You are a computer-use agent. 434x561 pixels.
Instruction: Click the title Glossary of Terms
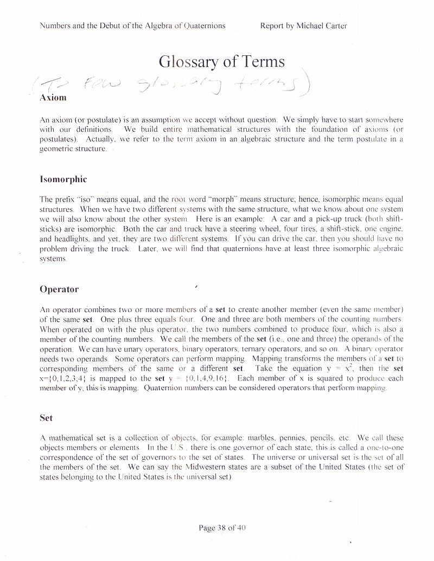pyautogui.click(x=221, y=61)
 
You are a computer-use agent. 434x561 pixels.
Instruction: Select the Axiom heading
pyautogui.click(x=53, y=98)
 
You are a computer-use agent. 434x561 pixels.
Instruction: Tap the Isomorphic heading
pyautogui.click(x=63, y=179)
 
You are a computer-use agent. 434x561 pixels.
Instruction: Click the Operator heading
pyautogui.click(x=59, y=289)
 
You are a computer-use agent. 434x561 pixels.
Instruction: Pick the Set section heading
pyautogui.click(x=46, y=418)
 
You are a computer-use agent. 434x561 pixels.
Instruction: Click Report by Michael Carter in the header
pyautogui.click(x=303, y=25)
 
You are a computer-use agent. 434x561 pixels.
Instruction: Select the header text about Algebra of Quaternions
pyautogui.click(x=133, y=25)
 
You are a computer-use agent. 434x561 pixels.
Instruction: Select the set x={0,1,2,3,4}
pyautogui.click(x=65, y=378)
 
